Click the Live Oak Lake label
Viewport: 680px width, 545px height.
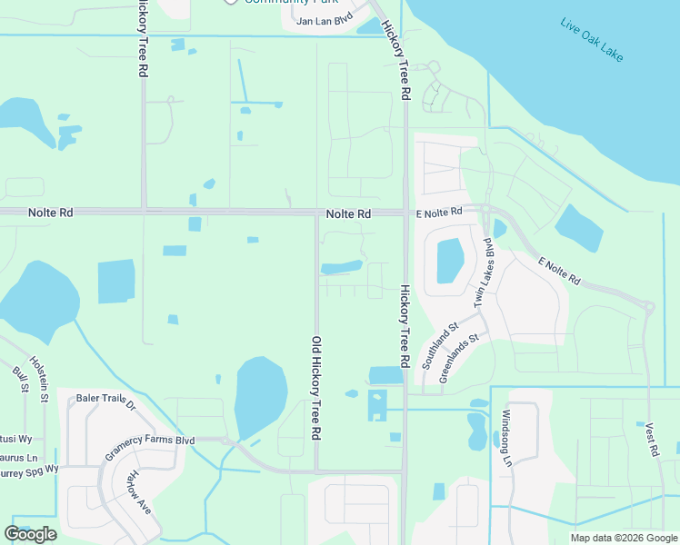593,40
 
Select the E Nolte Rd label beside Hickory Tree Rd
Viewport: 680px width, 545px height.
439,212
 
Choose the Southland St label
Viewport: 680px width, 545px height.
441,344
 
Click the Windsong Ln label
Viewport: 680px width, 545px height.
507,439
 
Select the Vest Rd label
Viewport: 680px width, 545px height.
653,440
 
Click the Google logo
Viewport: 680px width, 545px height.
30,534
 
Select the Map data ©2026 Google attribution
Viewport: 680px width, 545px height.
624,538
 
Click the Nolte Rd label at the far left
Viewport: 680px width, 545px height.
50,212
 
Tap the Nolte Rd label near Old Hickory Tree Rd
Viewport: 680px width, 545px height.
349,213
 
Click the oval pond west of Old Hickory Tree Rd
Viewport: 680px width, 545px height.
262,396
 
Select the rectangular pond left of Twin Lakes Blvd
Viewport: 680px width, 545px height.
450,261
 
